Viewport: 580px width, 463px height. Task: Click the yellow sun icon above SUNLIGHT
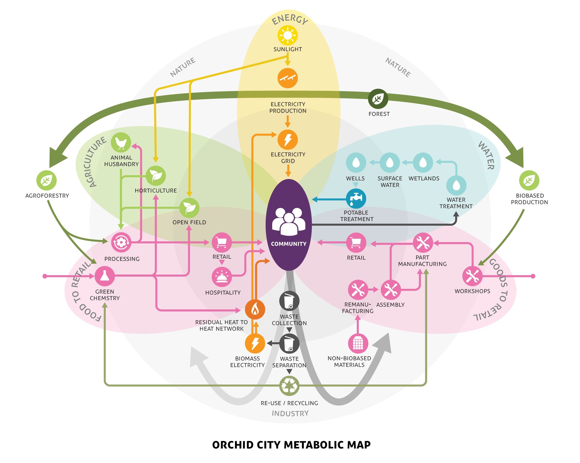point(288,35)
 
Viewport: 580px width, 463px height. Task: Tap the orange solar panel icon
point(288,78)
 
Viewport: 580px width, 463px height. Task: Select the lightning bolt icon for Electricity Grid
point(288,140)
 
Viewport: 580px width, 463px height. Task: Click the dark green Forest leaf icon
point(378,99)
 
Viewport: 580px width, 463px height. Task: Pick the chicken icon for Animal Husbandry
point(121,143)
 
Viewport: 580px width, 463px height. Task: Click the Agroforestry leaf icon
point(47,180)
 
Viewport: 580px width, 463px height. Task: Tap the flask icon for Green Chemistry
point(104,276)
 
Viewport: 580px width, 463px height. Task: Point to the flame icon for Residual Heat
point(255,310)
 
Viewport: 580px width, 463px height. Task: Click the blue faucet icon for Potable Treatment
point(356,199)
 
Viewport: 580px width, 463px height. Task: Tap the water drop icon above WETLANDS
point(423,163)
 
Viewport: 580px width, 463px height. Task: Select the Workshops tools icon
point(472,276)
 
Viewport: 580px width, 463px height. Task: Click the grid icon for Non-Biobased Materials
point(358,343)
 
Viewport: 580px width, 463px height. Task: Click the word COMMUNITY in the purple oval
point(289,244)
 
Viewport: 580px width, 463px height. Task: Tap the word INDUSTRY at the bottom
point(290,413)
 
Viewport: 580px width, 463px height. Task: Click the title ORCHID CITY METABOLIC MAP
point(291,445)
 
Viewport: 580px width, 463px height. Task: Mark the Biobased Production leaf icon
point(529,180)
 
